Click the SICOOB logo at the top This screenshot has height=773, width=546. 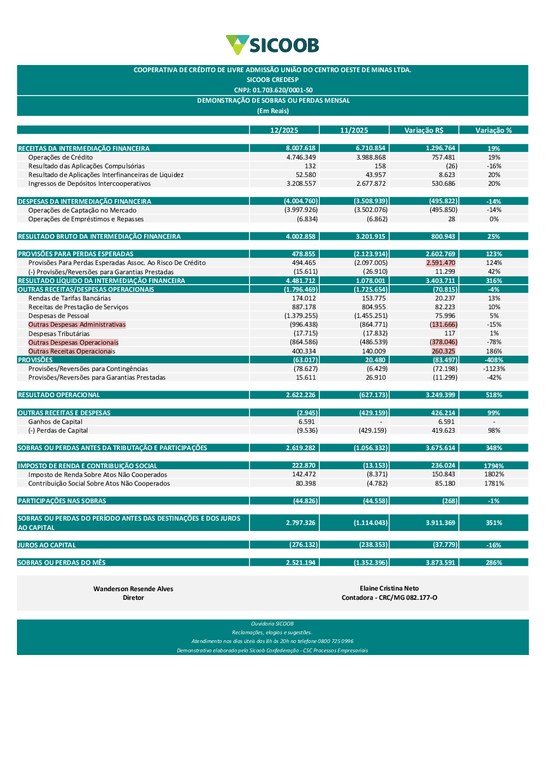tap(272, 45)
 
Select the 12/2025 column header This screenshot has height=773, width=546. tap(284, 130)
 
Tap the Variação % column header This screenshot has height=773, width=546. tap(494, 130)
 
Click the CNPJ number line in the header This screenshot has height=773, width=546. tap(273, 90)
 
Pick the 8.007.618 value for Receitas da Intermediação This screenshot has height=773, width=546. tap(301, 148)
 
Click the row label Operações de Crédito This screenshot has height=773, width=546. tap(61, 157)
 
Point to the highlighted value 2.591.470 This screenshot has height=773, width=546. tap(441, 263)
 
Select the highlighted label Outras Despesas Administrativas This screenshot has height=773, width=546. tap(77, 324)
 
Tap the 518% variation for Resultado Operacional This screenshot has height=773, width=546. tap(494, 395)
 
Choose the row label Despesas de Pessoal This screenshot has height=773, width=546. tap(58, 316)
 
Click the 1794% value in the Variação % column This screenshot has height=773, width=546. tap(494, 466)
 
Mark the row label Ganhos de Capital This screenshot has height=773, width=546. tap(55, 422)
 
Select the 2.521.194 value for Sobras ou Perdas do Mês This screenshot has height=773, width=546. tap(301, 563)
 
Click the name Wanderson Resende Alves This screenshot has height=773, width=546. tap(133, 589)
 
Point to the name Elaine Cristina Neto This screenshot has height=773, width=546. tap(389, 588)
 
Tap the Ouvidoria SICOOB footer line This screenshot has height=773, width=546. tap(272, 624)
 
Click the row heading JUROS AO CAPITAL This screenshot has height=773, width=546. tap(47, 545)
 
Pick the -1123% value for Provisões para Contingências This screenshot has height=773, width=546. tap(494, 369)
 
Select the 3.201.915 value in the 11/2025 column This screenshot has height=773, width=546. tap(370, 237)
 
